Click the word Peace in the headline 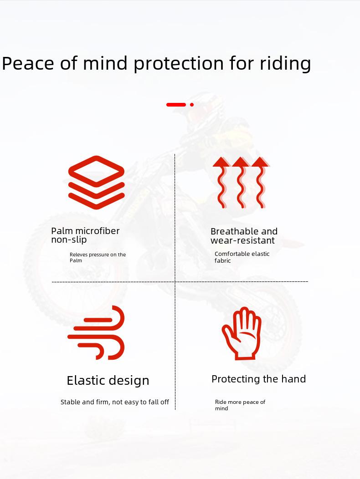[x=28, y=63]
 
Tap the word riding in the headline [x=285, y=64]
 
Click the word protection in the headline [x=179, y=64]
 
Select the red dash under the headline [x=176, y=105]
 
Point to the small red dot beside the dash [x=192, y=105]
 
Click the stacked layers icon [x=96, y=183]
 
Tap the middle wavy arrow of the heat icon [x=241, y=183]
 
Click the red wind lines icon [x=96, y=332]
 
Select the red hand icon [x=242, y=333]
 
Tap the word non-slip [x=69, y=240]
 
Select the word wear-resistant [x=242, y=240]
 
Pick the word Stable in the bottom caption [x=69, y=402]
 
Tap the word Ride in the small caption [x=221, y=402]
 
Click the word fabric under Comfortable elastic [x=223, y=260]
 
